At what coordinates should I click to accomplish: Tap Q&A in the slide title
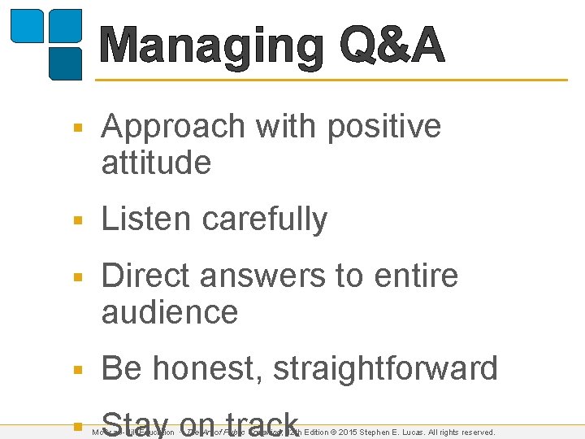[392, 46]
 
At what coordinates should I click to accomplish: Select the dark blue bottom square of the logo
[66, 63]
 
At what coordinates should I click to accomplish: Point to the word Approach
[172, 128]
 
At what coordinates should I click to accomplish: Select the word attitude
[156, 163]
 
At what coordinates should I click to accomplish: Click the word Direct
[147, 276]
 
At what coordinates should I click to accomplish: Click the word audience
[169, 312]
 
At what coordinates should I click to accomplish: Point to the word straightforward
[385, 369]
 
